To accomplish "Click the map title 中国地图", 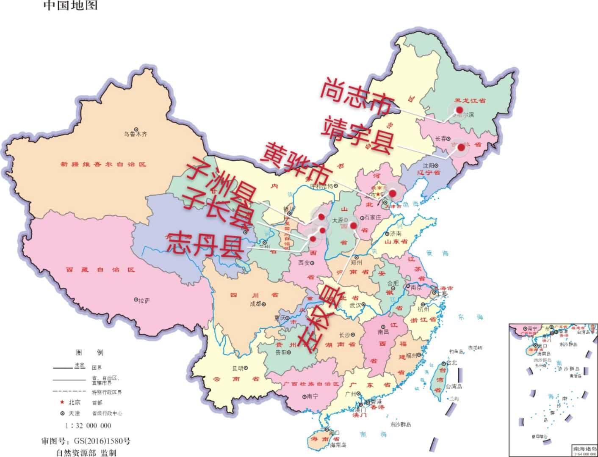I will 70,5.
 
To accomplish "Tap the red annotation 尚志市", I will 357,95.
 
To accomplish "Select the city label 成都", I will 256,304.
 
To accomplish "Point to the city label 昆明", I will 238,369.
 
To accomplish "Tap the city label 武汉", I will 355,305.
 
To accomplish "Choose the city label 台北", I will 451,363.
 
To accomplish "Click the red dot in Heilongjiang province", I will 460,110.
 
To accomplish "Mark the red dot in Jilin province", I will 461,147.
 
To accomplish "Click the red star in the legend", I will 62,402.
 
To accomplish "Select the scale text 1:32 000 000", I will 88,426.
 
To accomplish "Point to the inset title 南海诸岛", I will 584,449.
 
